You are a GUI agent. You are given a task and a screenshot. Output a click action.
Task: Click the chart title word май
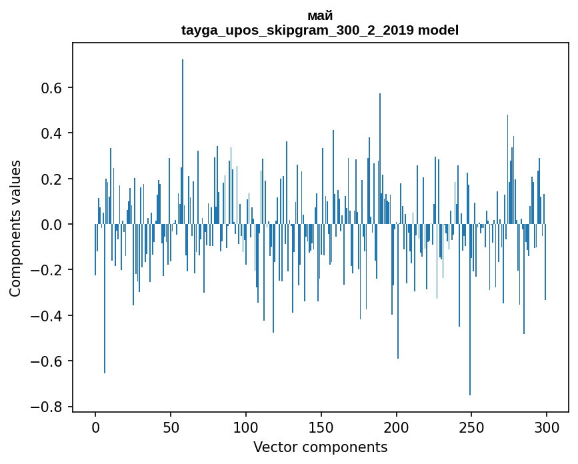320,16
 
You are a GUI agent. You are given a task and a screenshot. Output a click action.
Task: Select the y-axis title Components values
15,228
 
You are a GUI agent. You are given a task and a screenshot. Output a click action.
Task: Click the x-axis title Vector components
320,447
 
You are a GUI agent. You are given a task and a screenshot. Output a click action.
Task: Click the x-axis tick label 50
171,425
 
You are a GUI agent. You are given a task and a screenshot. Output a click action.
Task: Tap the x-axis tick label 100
246,425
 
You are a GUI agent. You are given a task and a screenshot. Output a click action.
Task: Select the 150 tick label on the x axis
321,425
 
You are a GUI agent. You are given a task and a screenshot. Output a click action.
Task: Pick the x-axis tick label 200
397,425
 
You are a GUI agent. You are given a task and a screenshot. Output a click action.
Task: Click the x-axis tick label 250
472,425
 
